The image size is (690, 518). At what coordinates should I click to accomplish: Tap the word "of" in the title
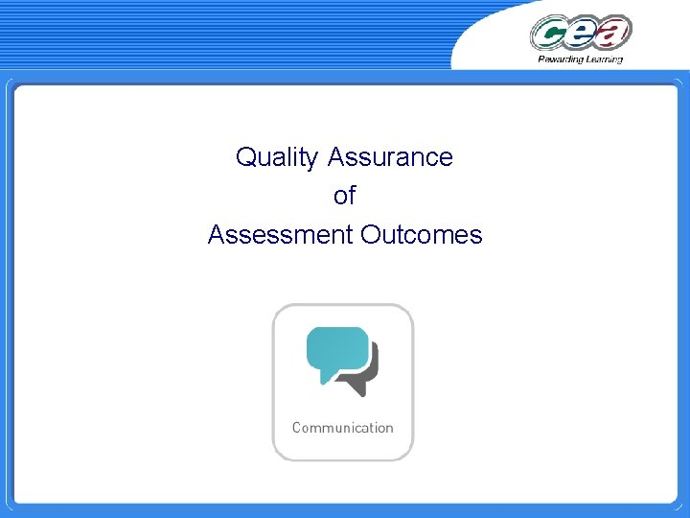click(x=344, y=196)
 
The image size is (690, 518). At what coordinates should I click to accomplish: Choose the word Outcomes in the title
click(x=422, y=234)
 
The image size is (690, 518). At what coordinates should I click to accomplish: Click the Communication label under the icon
click(x=342, y=428)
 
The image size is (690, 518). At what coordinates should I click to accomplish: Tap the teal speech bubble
click(x=336, y=350)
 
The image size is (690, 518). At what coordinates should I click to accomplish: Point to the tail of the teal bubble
click(x=325, y=379)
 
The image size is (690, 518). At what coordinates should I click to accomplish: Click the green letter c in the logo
click(x=550, y=35)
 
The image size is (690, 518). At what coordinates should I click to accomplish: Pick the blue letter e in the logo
click(x=582, y=34)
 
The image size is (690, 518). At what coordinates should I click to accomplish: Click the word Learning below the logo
click(x=604, y=59)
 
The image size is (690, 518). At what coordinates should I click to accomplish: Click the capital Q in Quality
click(x=245, y=157)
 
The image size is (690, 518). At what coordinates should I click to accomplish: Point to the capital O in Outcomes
click(x=370, y=234)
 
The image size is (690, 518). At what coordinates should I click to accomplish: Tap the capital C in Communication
click(x=297, y=428)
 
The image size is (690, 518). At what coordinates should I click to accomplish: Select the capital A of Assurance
click(x=335, y=157)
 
